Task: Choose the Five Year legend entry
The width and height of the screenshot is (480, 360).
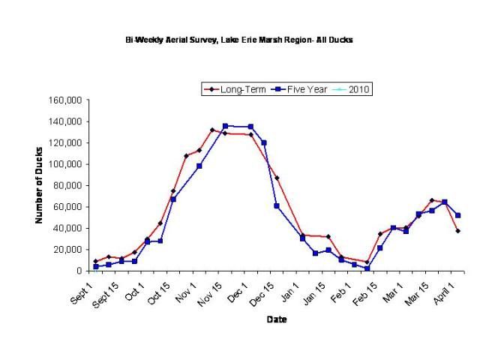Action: pyautogui.click(x=301, y=89)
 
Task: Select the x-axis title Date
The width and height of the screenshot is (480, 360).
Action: pyautogui.click(x=275, y=319)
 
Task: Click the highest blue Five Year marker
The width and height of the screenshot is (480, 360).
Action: pyautogui.click(x=226, y=126)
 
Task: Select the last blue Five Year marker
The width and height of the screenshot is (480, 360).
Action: pyautogui.click(x=458, y=215)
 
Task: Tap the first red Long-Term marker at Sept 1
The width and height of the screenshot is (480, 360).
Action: pyautogui.click(x=95, y=261)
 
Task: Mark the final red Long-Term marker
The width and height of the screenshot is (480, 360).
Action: pyautogui.click(x=457, y=231)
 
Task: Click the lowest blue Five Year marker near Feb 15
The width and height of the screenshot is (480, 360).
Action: pyautogui.click(x=367, y=268)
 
